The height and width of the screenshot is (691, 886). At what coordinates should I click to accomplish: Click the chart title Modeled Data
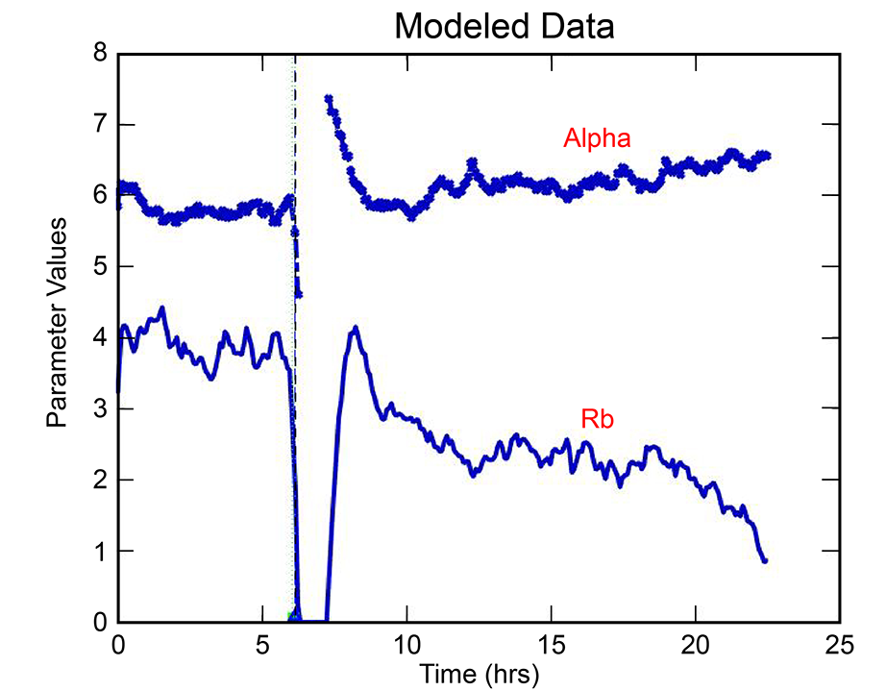tap(505, 26)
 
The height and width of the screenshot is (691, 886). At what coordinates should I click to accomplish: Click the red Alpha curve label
tap(597, 139)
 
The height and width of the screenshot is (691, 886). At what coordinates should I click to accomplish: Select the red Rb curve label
tap(597, 420)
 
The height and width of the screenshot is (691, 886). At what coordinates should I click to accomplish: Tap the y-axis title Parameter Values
tap(59, 323)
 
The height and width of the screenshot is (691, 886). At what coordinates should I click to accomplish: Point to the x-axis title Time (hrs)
tap(479, 673)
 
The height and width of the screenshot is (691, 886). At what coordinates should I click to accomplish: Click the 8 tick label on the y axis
tap(99, 54)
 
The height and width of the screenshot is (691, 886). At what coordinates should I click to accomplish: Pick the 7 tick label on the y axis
tap(99, 125)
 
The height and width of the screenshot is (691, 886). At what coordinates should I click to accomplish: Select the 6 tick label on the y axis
tap(99, 196)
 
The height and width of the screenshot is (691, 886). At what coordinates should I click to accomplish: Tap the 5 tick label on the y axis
tap(99, 267)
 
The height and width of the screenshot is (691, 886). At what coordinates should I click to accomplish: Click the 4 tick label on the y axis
tap(99, 338)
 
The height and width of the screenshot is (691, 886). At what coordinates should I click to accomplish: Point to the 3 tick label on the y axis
tap(99, 409)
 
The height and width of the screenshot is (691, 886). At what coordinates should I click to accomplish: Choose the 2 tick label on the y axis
tap(99, 481)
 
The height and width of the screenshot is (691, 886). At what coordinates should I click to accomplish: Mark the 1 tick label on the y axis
tap(99, 552)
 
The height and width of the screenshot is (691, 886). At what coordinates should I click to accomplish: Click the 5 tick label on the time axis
tap(262, 642)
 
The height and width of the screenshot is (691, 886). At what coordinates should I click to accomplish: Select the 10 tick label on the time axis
tap(406, 642)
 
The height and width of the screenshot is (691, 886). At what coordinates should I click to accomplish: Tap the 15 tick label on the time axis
tap(552, 642)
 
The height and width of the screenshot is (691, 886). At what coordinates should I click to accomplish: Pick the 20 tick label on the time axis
tap(696, 642)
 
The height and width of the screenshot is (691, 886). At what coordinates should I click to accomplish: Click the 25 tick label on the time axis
tap(840, 642)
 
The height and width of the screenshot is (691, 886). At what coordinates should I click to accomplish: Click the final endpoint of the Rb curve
tap(765, 560)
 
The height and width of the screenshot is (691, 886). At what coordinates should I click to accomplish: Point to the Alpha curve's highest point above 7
tap(329, 98)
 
